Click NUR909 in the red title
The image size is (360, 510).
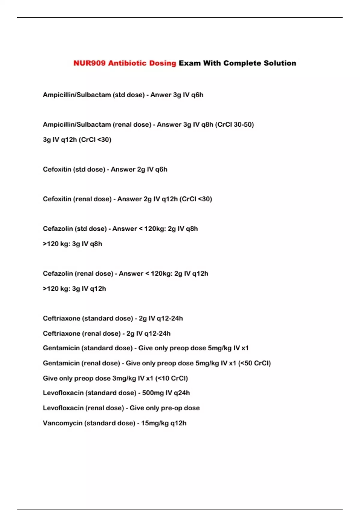pyautogui.click(x=89, y=63)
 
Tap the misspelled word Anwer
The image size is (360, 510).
pyautogui.click(x=161, y=95)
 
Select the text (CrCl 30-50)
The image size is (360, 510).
pyautogui.click(x=234, y=124)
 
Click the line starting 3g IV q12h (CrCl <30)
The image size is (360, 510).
pyautogui.click(x=77, y=139)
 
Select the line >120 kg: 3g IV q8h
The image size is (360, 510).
pyautogui.click(x=72, y=244)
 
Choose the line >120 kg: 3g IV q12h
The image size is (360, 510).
pyautogui.click(x=74, y=289)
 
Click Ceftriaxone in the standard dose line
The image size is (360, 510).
pyautogui.click(x=61, y=318)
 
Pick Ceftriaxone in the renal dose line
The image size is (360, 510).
pyautogui.click(x=61, y=333)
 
